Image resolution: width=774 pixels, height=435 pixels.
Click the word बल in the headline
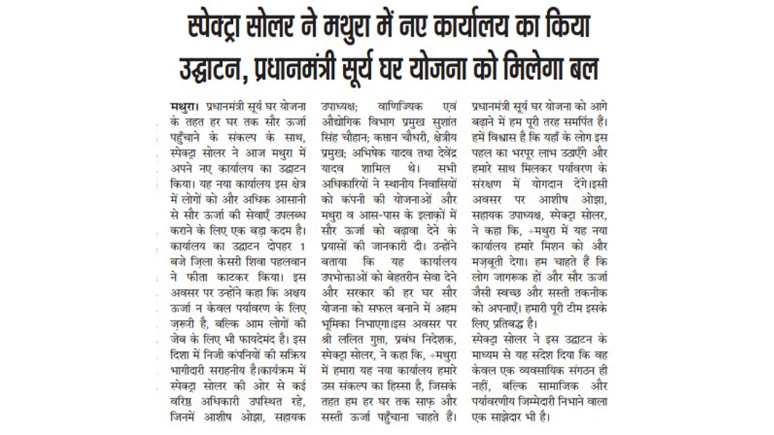[x=581, y=69]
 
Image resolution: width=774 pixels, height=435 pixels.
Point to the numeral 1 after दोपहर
[x=302, y=246]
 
